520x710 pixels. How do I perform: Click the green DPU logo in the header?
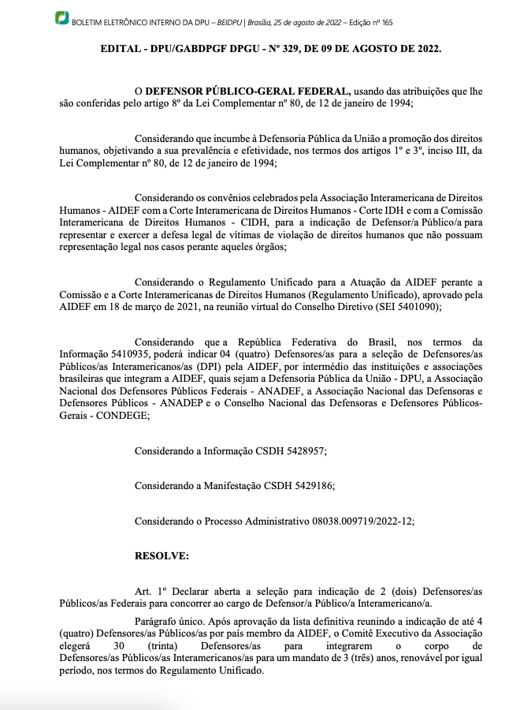point(61,17)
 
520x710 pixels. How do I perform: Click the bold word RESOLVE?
point(162,557)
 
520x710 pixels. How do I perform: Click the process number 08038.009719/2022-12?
point(352,521)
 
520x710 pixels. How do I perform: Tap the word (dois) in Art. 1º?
point(405,592)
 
